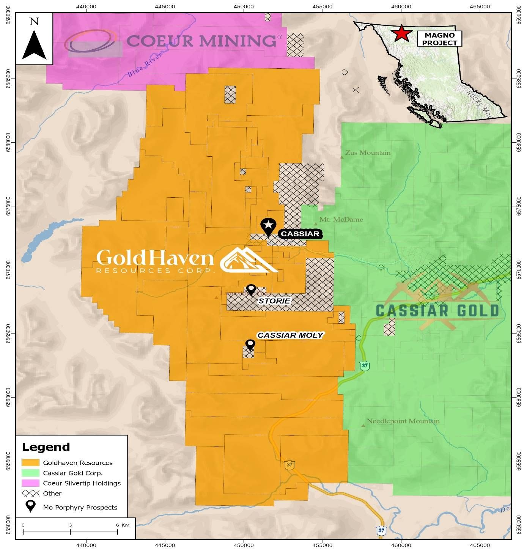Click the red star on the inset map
point(401,33)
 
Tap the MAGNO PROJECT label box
point(439,39)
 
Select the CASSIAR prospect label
point(300,234)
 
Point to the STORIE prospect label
point(274,301)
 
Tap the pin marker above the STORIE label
point(251,289)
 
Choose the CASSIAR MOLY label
point(290,335)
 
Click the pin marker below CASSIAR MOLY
point(250,344)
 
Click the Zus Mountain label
point(367,153)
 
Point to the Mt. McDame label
point(341,219)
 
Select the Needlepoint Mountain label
point(403,421)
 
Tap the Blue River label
point(145,65)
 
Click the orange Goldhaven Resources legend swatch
point(30,462)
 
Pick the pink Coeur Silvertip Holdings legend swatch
point(30,483)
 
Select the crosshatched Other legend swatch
point(30,493)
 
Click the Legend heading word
point(46,447)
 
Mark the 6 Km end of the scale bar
point(118,532)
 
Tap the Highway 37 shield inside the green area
point(365,366)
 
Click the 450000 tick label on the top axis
point(244,6)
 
